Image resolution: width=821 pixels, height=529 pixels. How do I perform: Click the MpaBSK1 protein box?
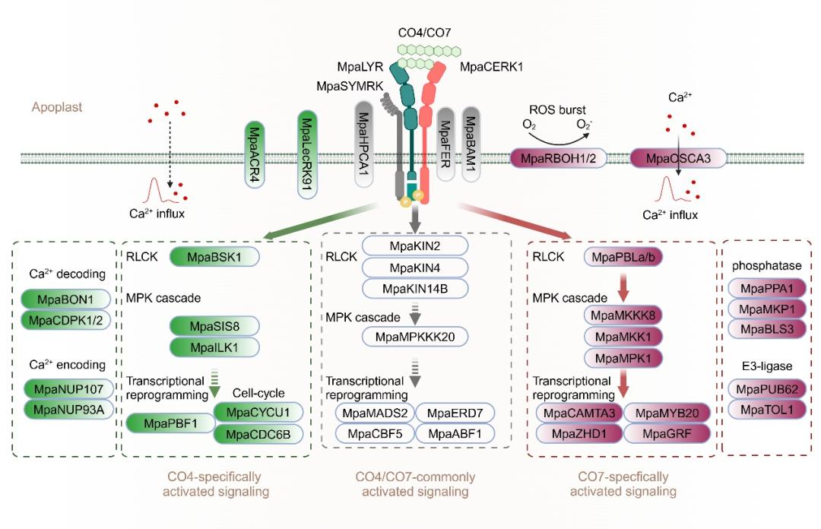(215, 257)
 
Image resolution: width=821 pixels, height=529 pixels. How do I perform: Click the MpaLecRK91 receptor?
(306, 153)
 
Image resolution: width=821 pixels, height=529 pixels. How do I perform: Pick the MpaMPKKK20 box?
(415, 336)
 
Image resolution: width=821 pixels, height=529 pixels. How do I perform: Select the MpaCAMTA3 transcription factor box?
(579, 413)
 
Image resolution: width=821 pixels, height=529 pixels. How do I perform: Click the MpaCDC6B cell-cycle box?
(258, 433)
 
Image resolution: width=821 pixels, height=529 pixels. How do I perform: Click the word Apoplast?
(57, 107)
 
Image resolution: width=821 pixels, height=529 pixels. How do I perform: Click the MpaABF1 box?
(454, 433)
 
